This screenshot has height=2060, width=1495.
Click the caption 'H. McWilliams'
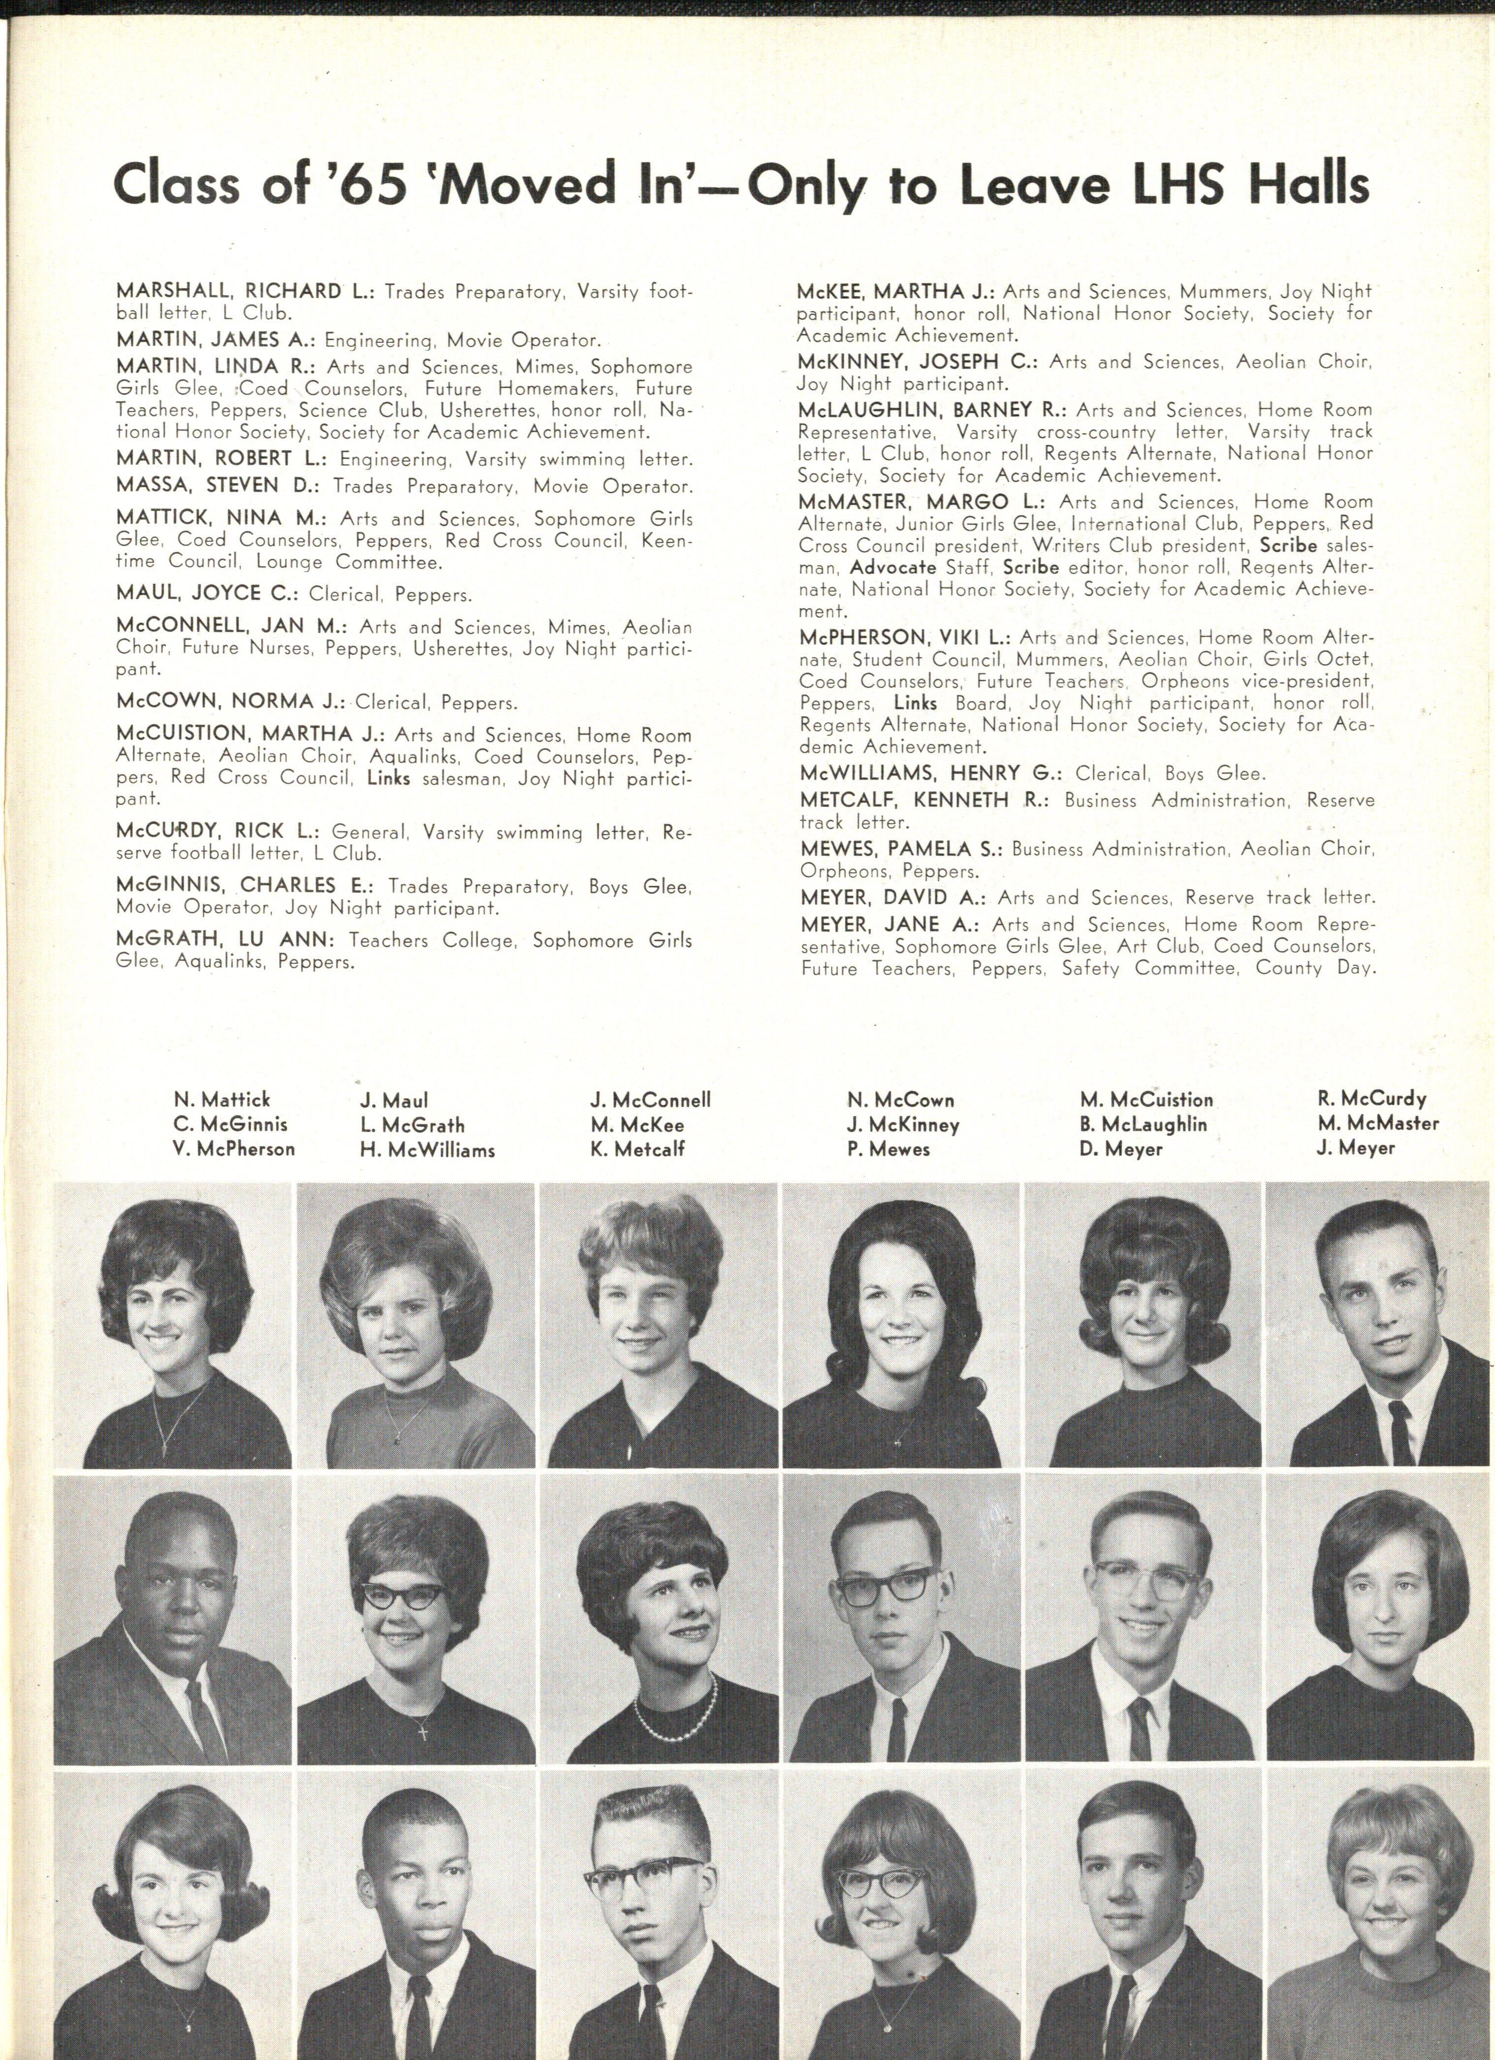click(427, 1150)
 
